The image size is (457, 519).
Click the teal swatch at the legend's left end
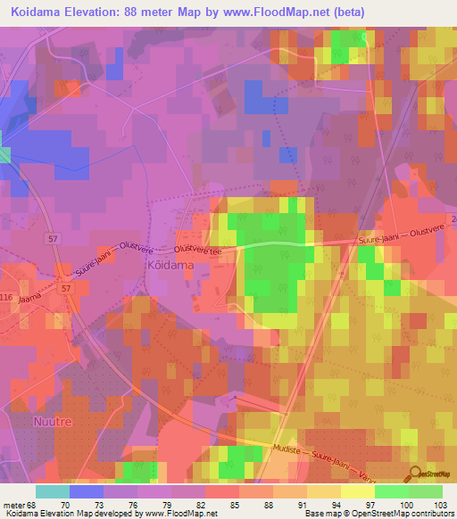(52, 491)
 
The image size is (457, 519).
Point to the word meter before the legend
(13, 504)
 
